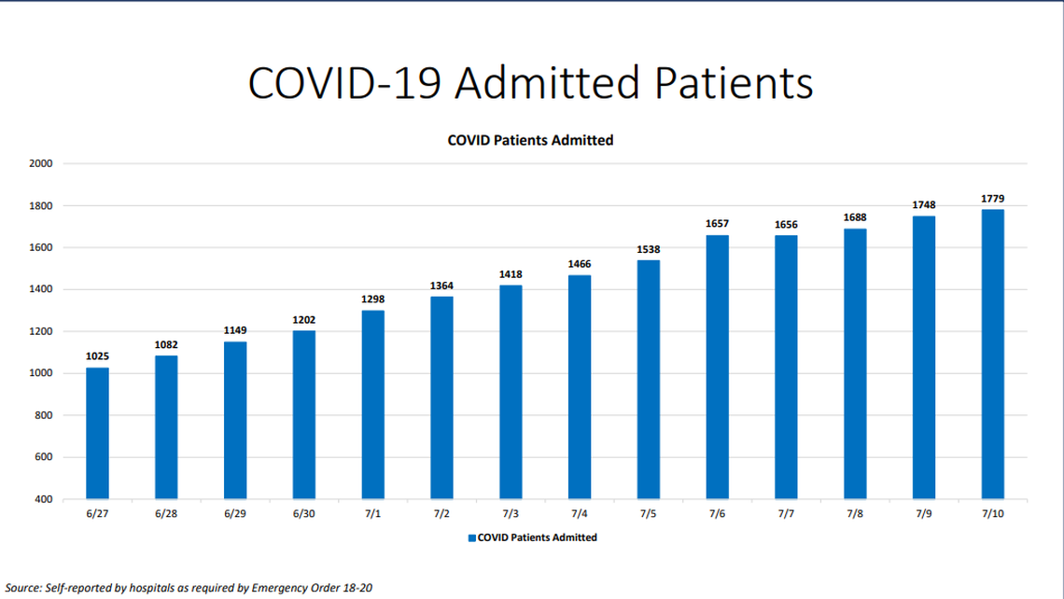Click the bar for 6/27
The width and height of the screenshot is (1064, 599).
click(97, 433)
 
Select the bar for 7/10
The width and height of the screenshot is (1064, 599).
click(992, 354)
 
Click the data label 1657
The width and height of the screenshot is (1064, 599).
click(717, 224)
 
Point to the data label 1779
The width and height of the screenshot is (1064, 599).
click(992, 198)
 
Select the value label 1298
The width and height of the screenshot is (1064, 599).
click(372, 299)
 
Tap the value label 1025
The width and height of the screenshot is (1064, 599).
click(97, 356)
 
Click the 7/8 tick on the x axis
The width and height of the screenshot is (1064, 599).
click(855, 514)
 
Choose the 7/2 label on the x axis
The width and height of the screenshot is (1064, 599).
click(441, 514)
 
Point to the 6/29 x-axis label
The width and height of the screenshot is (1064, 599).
click(235, 514)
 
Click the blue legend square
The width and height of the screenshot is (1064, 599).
click(471, 537)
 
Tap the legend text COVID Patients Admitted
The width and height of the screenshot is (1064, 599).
click(538, 537)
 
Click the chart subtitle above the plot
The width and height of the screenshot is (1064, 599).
click(530, 140)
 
